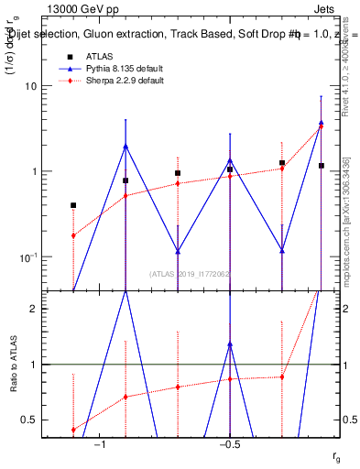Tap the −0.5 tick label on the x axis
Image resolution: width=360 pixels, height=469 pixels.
coord(229,444)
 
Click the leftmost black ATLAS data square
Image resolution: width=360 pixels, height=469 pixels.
coord(73,205)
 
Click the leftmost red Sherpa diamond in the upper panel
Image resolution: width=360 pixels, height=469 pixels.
coord(73,235)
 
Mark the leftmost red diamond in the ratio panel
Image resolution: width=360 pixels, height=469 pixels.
coord(73,430)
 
